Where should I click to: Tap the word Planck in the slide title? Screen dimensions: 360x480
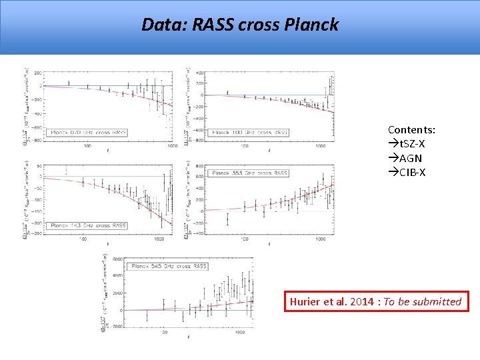click(311, 25)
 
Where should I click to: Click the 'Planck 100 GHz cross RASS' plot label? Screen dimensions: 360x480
click(250, 133)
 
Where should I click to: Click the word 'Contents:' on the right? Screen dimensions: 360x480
click(411, 129)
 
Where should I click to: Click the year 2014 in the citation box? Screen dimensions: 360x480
click(361, 302)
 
